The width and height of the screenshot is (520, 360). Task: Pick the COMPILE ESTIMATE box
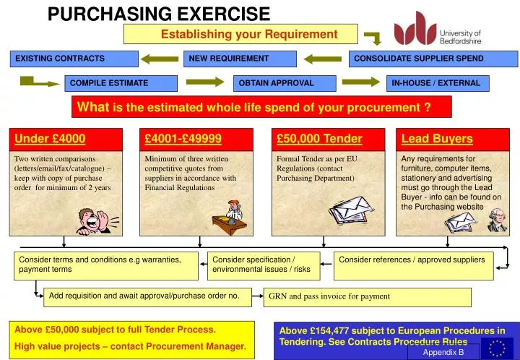pos(120,83)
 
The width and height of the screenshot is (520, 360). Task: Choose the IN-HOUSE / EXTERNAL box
pos(438,83)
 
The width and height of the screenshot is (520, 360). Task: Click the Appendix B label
pos(443,352)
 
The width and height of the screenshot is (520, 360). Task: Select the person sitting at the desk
pos(231,213)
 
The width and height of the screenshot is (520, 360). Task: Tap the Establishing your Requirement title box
pos(241,34)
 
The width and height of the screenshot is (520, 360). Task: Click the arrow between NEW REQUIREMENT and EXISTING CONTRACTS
pos(160,59)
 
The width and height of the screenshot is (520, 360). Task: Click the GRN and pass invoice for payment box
pos(368,296)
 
